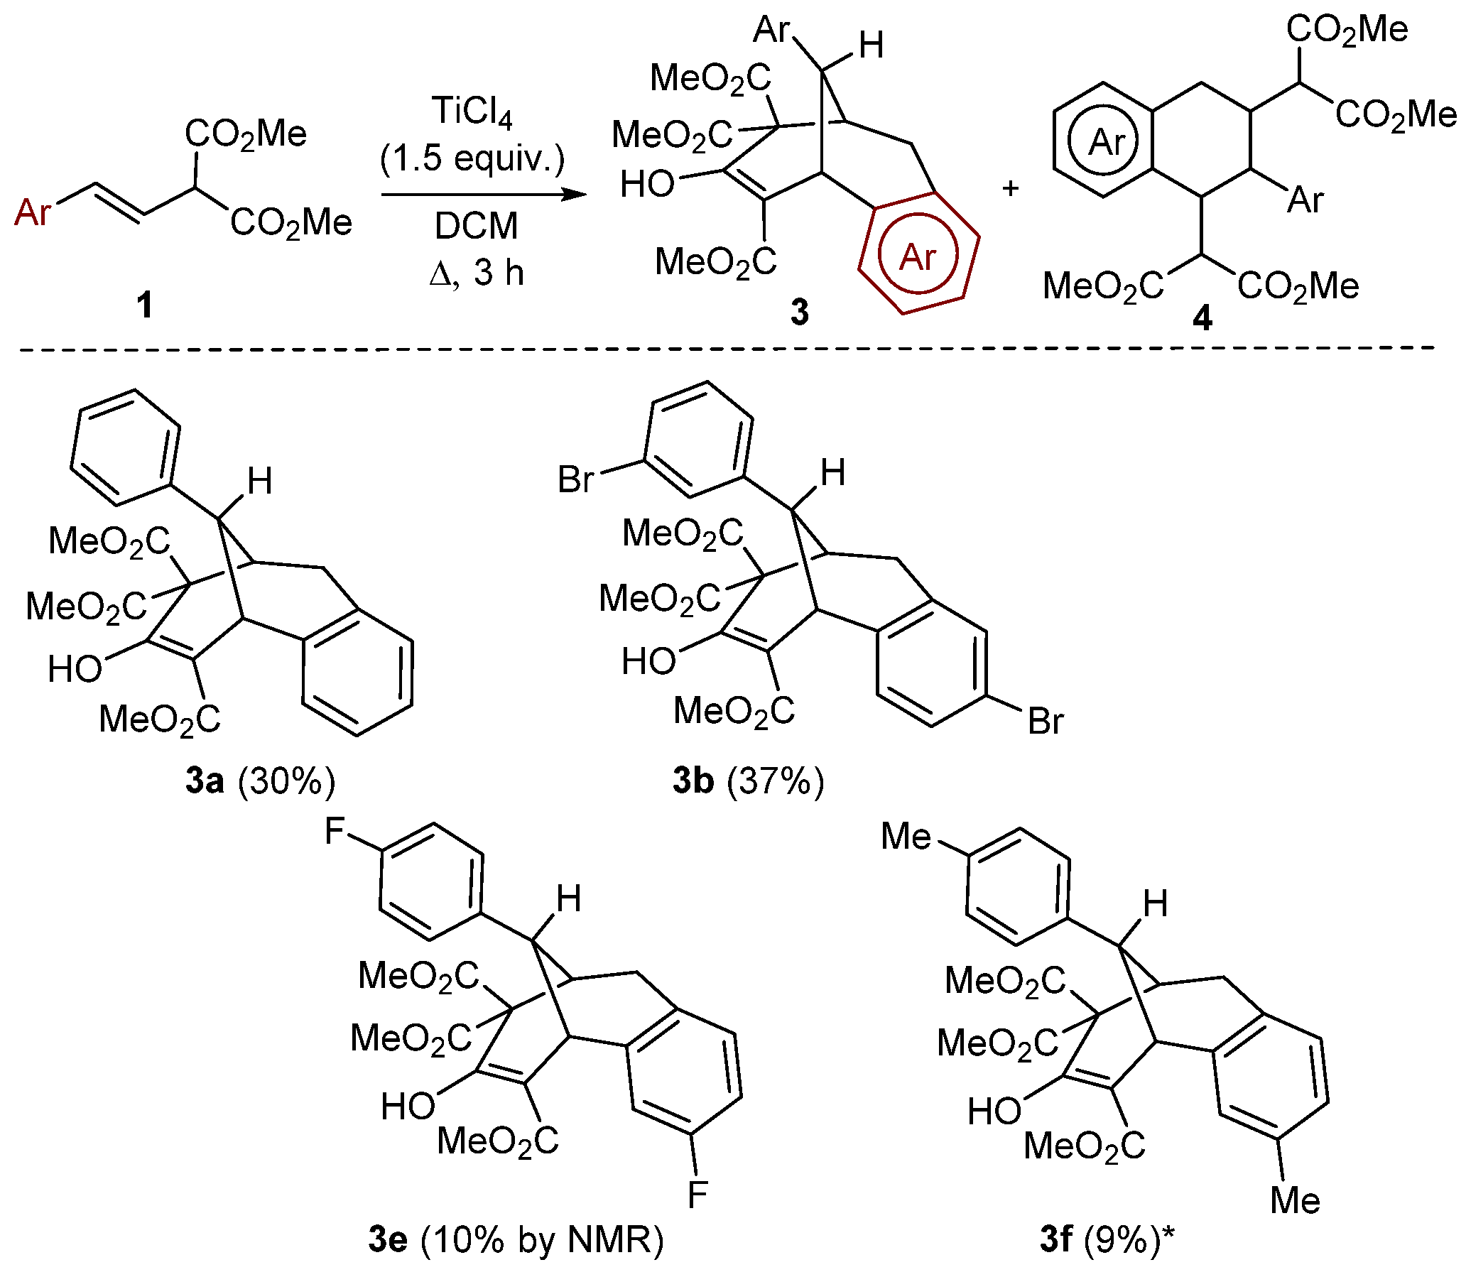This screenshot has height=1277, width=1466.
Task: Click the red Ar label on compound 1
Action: (33, 212)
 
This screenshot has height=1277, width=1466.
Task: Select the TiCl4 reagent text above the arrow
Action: (472, 112)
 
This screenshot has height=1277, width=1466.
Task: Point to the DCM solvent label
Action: (476, 226)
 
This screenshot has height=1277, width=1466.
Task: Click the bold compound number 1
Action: (145, 305)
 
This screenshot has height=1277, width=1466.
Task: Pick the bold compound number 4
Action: (1202, 317)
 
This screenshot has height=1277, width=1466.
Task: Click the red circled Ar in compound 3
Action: (917, 256)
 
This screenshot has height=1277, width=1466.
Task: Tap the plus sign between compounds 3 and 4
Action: (1011, 188)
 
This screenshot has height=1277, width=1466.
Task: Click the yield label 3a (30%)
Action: (260, 781)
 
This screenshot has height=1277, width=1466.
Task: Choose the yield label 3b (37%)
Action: (749, 781)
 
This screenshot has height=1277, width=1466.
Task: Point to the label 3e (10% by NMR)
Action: (516, 1239)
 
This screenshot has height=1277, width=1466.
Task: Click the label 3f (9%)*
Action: (1106, 1239)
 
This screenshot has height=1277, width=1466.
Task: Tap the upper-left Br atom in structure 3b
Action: (575, 479)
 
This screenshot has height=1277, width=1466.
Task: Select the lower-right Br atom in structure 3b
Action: (1046, 722)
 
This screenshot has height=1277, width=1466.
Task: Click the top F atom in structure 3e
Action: (335, 830)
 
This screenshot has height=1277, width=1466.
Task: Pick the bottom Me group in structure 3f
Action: (1295, 1201)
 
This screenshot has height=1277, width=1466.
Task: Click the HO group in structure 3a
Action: (75, 669)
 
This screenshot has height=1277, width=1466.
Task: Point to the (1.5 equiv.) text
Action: (472, 158)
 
